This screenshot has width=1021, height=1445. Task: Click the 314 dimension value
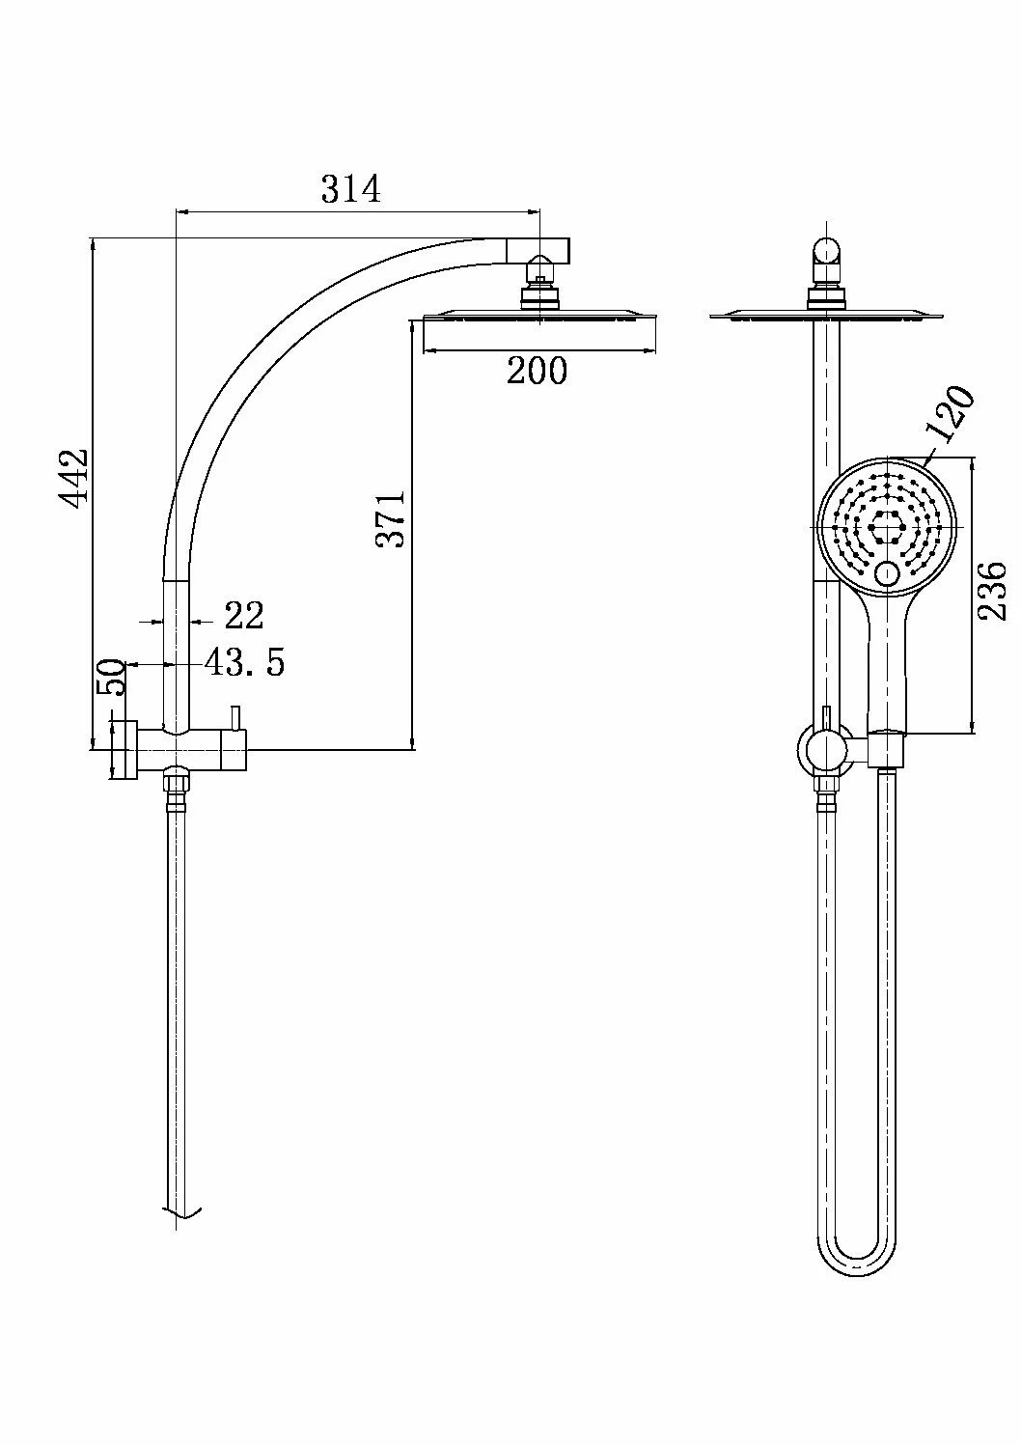[x=351, y=189]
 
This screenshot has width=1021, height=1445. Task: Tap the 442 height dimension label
[x=72, y=477]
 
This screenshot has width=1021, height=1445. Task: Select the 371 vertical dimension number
[x=391, y=519]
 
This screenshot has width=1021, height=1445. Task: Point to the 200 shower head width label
[x=537, y=371]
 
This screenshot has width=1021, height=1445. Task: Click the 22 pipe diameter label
[x=244, y=616]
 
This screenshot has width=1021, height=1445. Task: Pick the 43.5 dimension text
[x=244, y=662]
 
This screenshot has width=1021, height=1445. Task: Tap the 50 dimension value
[x=110, y=677]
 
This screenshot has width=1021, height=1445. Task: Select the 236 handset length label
[x=991, y=591]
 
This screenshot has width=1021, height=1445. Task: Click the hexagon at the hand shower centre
[x=885, y=527]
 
